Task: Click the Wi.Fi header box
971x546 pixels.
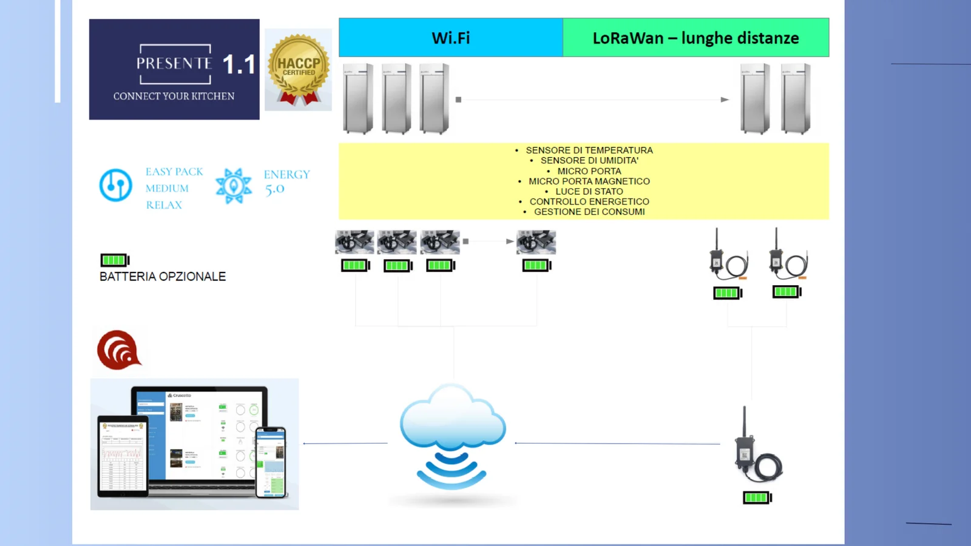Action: click(x=450, y=38)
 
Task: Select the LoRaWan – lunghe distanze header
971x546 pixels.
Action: click(x=695, y=38)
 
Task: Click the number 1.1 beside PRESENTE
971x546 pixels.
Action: click(x=239, y=64)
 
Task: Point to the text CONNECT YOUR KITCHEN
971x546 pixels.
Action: click(x=174, y=96)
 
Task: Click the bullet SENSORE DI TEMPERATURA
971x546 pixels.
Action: click(x=589, y=150)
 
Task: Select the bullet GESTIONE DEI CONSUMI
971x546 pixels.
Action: click(x=589, y=212)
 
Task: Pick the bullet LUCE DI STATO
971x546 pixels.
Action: click(x=589, y=191)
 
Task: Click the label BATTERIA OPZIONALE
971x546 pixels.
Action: click(x=163, y=277)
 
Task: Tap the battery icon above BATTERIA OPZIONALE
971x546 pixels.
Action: click(x=115, y=260)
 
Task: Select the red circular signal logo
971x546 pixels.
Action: click(x=119, y=350)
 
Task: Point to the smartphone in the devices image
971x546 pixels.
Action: click(x=271, y=462)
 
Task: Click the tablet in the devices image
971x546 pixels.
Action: click(x=123, y=456)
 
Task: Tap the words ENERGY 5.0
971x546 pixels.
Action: click(x=286, y=181)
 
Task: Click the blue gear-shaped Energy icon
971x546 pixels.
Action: click(x=234, y=186)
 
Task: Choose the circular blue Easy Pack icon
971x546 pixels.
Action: click(x=115, y=185)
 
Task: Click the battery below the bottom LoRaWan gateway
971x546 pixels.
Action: click(x=757, y=497)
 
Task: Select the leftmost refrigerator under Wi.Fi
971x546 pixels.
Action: click(x=357, y=98)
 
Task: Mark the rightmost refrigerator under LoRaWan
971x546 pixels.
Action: click(x=796, y=98)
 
